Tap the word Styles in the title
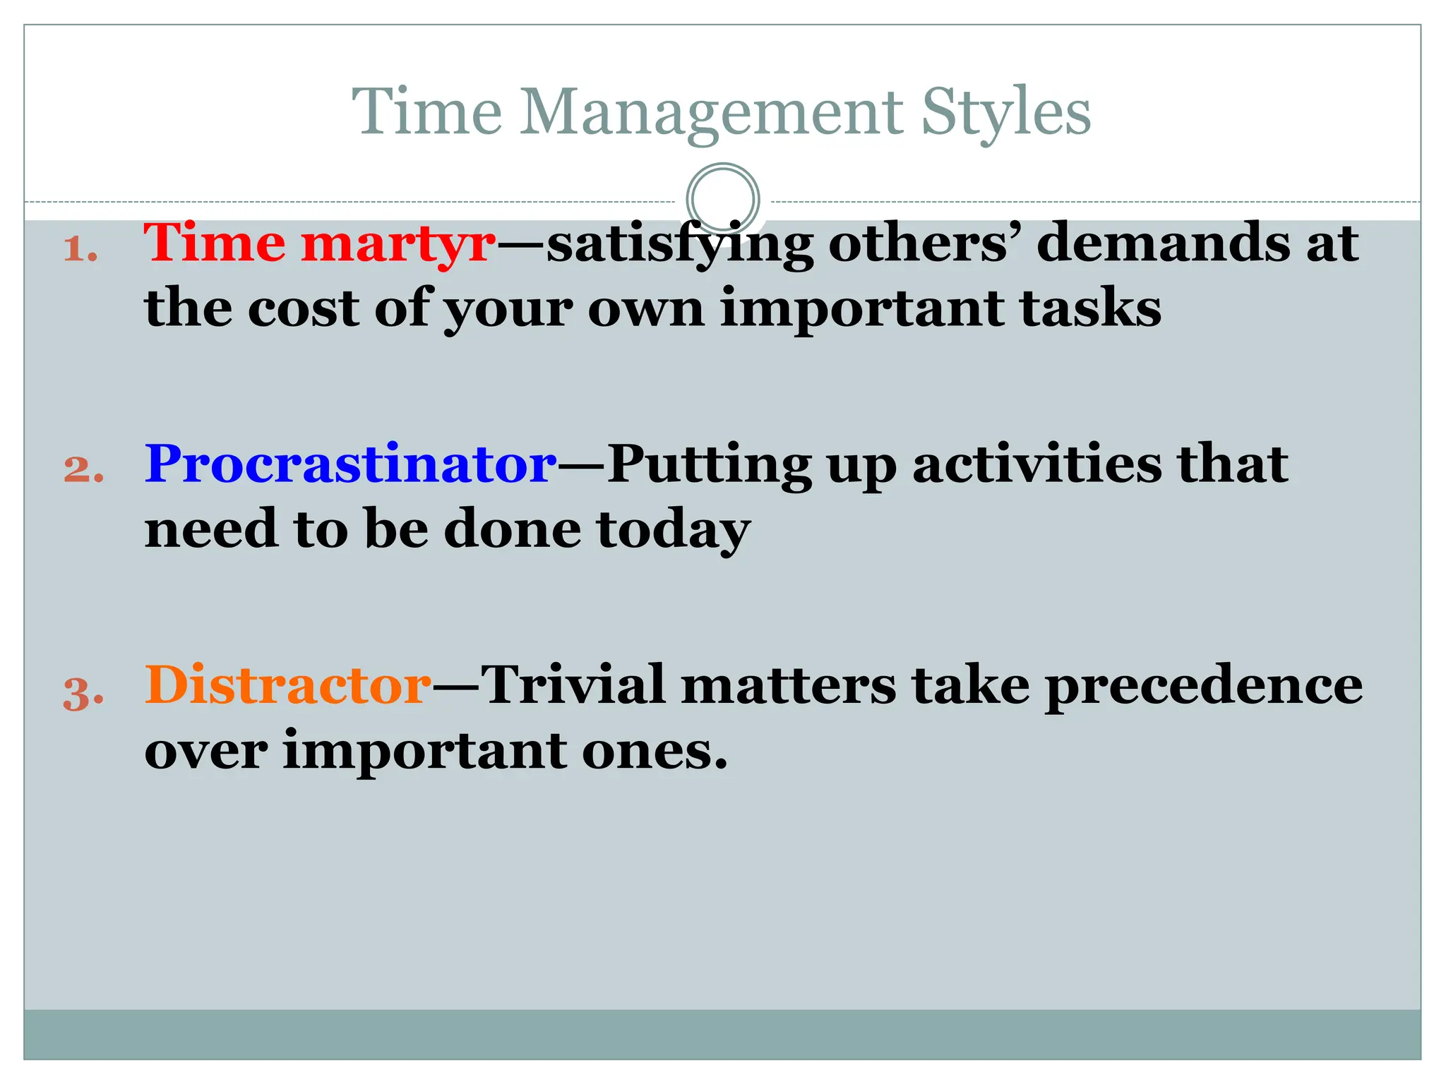[x=1006, y=113]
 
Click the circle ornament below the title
[x=722, y=199]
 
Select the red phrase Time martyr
[x=320, y=243]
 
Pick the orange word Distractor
[x=287, y=686]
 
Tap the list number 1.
[x=80, y=250]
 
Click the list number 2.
[x=83, y=470]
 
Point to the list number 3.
[x=83, y=692]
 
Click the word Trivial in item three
[x=573, y=686]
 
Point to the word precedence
[x=1203, y=686]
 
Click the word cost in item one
[x=303, y=309]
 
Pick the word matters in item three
[x=788, y=686]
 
